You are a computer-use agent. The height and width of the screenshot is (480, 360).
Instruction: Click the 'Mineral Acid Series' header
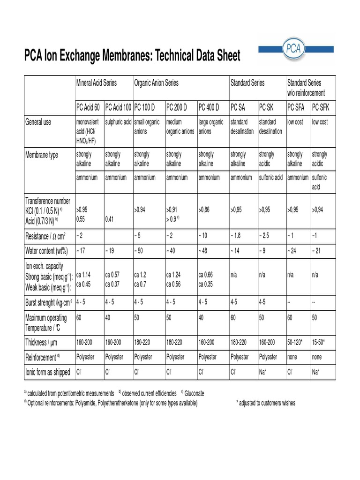click(x=97, y=83)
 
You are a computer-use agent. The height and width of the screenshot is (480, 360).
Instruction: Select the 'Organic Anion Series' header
click(x=156, y=83)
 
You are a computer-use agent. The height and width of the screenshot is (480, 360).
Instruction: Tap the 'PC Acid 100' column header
click(x=118, y=107)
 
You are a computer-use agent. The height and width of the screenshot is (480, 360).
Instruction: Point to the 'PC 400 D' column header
click(x=209, y=107)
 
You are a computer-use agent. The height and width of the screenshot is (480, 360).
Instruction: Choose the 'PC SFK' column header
click(x=321, y=107)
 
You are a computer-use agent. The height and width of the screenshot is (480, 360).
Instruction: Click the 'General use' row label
click(x=38, y=122)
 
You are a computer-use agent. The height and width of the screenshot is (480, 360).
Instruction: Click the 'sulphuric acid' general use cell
click(x=118, y=122)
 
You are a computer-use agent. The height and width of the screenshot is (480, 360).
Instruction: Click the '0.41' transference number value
click(x=110, y=218)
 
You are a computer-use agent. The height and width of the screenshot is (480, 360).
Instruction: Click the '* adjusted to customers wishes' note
click(x=266, y=403)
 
